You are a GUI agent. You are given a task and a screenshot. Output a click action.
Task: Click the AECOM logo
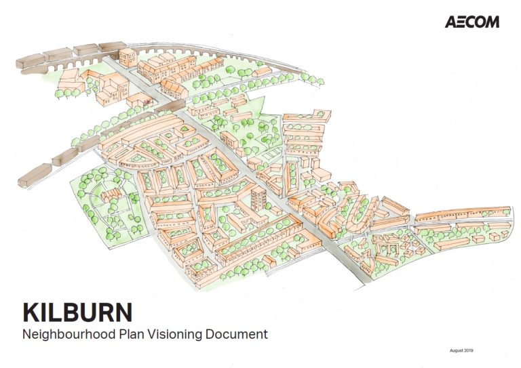[472, 22]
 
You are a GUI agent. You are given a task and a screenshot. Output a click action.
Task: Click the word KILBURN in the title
[77, 313]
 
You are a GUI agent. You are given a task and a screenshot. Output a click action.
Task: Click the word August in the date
[457, 350]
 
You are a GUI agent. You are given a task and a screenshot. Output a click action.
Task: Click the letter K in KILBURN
[31, 313]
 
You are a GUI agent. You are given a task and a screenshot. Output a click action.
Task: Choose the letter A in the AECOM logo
[451, 22]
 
